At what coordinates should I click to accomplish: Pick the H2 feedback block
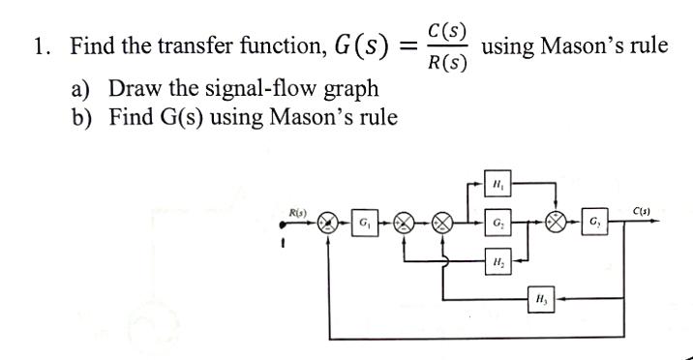(497, 260)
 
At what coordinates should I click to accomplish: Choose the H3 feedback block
(542, 300)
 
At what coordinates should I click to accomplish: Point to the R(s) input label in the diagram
(298, 211)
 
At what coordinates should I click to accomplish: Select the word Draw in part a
(135, 90)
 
